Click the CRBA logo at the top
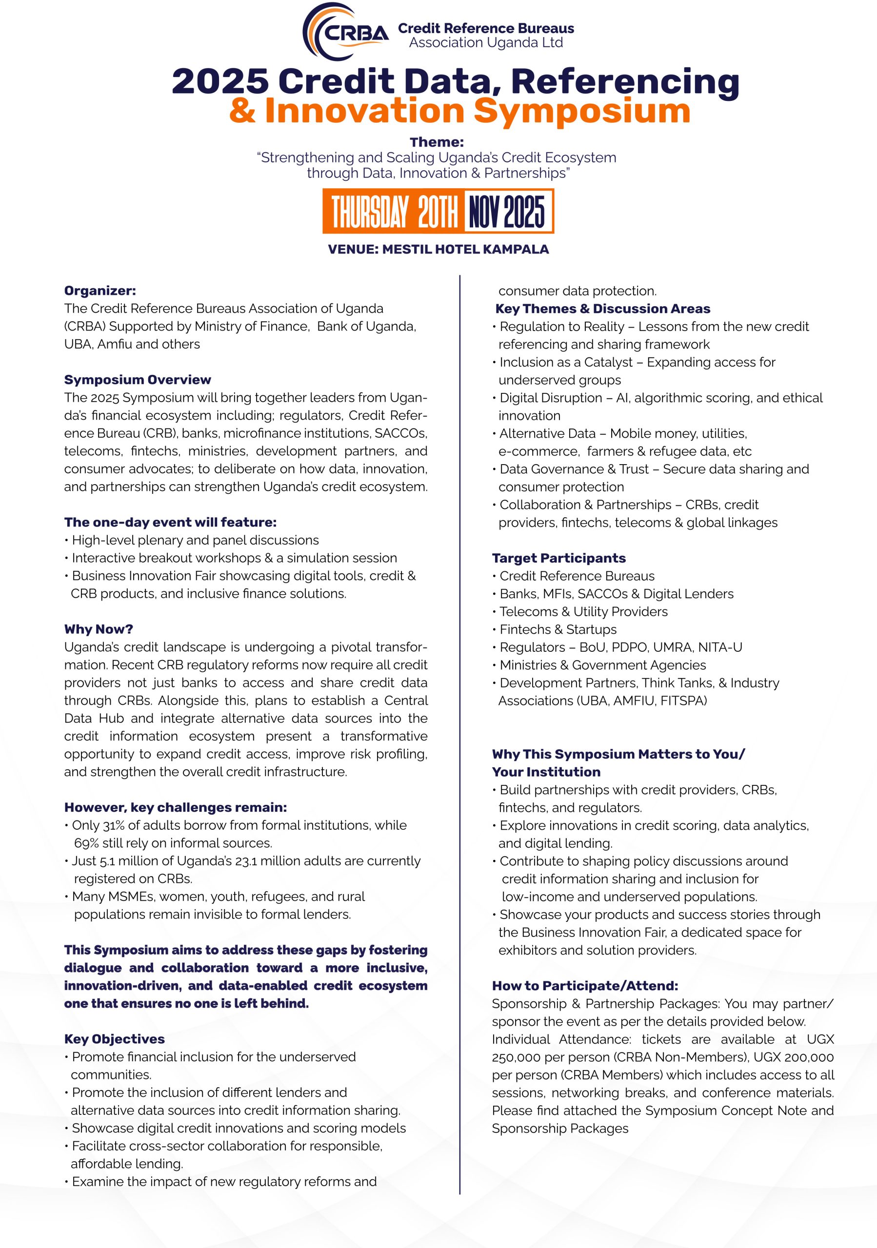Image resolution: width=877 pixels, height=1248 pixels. (345, 33)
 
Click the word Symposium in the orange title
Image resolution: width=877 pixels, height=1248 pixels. (581, 111)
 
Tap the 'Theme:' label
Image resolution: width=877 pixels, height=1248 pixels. (437, 142)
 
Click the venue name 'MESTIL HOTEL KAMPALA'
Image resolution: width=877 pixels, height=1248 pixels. (465, 250)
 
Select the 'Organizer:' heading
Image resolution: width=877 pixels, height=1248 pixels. (100, 291)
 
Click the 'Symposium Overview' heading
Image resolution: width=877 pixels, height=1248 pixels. (138, 379)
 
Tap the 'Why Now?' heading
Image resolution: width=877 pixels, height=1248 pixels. (99, 629)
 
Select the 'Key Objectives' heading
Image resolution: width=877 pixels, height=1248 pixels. (114, 1039)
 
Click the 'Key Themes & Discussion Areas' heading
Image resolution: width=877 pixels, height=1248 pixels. (602, 309)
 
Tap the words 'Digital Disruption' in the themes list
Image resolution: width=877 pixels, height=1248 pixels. (550, 398)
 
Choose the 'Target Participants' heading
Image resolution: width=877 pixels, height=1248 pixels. (558, 558)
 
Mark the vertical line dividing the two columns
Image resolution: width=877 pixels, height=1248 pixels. (460, 706)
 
